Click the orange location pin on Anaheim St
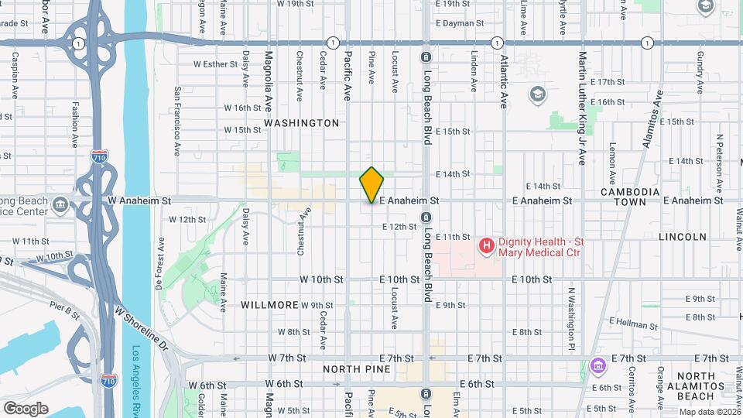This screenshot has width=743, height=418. (372, 184)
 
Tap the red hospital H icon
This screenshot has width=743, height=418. (487, 247)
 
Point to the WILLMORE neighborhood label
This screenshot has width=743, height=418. (269, 305)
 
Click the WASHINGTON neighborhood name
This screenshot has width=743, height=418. (301, 123)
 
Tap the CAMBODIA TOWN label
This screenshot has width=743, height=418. (630, 197)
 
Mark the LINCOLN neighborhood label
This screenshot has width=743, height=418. (683, 237)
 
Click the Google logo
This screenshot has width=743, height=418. (25, 408)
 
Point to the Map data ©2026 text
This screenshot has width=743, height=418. (709, 412)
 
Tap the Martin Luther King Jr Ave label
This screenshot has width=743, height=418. (581, 108)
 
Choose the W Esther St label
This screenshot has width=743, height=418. (215, 64)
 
